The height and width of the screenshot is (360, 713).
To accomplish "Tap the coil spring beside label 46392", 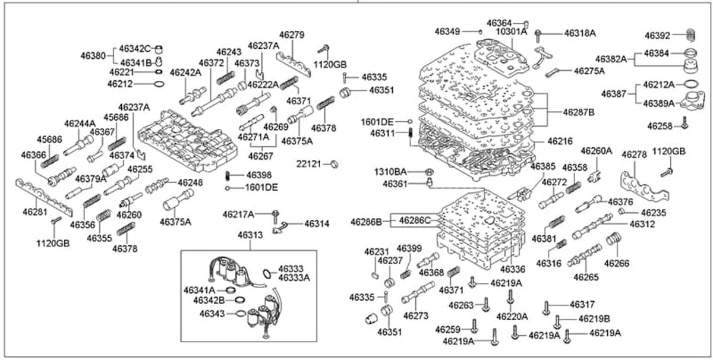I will [x=690, y=34].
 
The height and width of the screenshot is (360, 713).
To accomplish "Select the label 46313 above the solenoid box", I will [x=250, y=235].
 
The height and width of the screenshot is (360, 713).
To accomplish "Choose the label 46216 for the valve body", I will [x=560, y=141].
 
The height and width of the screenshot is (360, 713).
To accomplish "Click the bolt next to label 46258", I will [x=685, y=124].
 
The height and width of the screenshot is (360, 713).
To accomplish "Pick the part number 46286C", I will [x=414, y=220].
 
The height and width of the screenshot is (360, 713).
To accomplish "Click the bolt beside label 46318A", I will [x=538, y=34].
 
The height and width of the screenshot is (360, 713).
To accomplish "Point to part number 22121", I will [x=311, y=163].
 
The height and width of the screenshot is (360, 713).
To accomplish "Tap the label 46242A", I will [x=185, y=72].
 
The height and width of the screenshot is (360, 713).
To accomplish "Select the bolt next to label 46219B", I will [x=557, y=321].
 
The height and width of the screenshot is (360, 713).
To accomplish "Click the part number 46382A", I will [x=611, y=59].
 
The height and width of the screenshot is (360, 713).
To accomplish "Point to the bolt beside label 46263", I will [x=486, y=305].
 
